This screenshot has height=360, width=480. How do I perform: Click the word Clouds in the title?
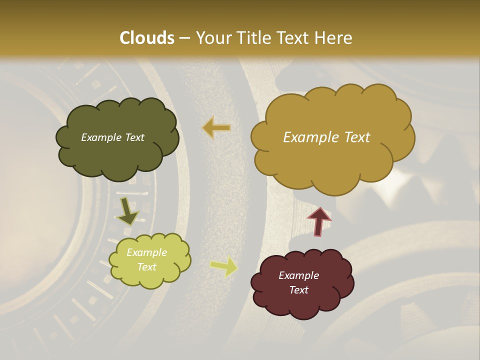[x=147, y=38]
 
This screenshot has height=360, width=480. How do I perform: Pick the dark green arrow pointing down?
[x=127, y=212]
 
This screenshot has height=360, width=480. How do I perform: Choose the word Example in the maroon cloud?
[x=298, y=275]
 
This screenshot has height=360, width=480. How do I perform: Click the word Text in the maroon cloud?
[x=298, y=290]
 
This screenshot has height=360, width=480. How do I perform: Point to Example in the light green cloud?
[x=146, y=252]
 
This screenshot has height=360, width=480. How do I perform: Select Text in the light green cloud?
[x=146, y=267]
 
